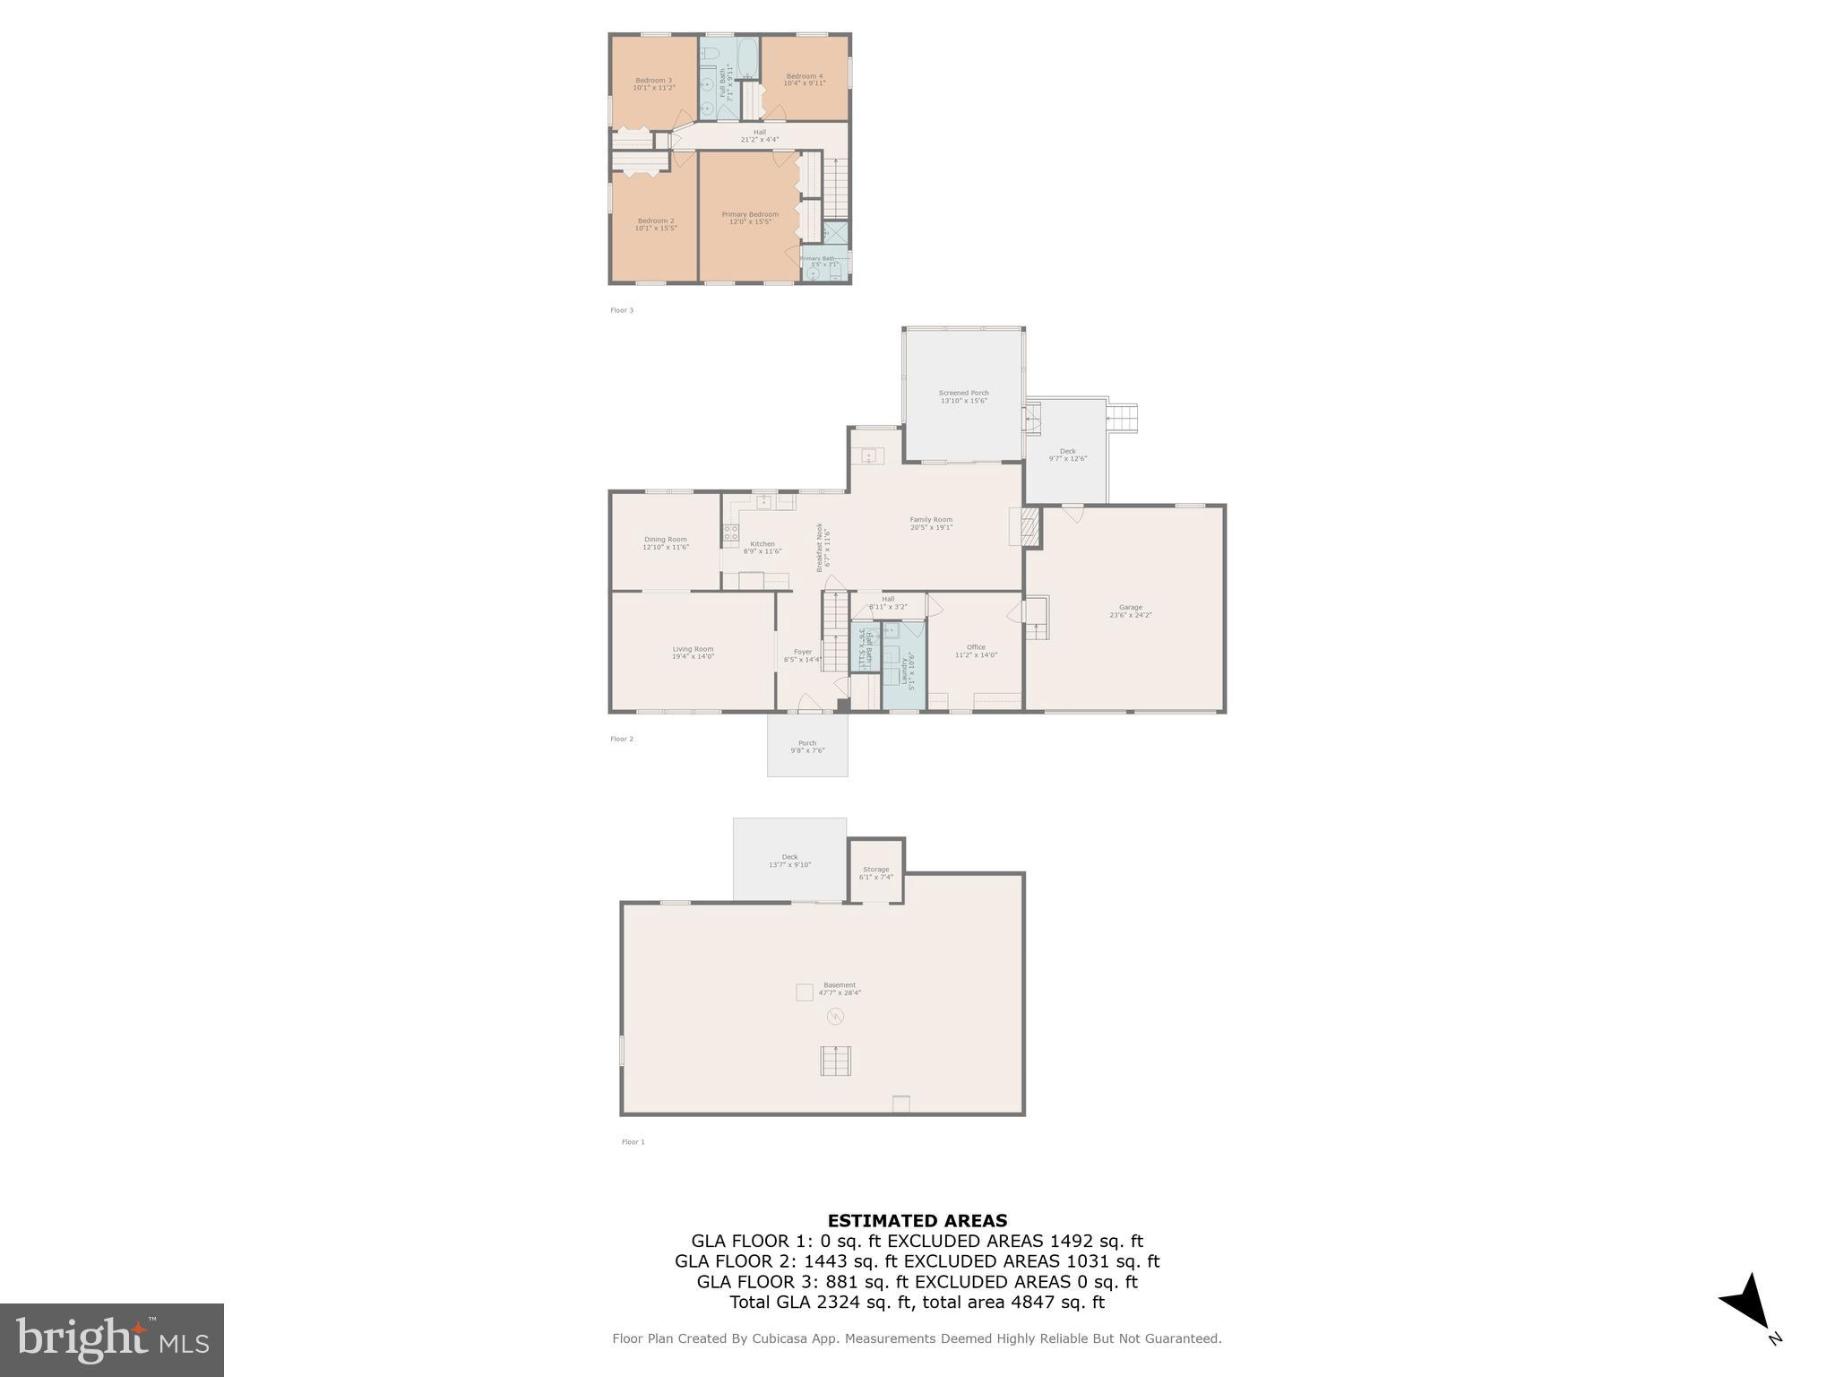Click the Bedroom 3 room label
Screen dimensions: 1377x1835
pyautogui.click(x=652, y=83)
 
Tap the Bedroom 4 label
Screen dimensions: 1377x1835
pyautogui.click(x=804, y=79)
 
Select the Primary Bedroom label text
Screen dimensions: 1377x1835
pyautogui.click(x=750, y=218)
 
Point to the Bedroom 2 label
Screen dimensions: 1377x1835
pyautogui.click(x=655, y=224)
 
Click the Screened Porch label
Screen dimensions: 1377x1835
pyautogui.click(x=963, y=396)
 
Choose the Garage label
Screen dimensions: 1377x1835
pyautogui.click(x=1130, y=611)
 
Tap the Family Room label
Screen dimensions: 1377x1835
pyautogui.click(x=931, y=523)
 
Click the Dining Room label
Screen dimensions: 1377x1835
pyautogui.click(x=665, y=542)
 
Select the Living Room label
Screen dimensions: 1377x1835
pyautogui.click(x=693, y=653)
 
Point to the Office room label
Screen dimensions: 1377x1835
pyautogui.click(x=976, y=651)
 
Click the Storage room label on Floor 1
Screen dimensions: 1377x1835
pyautogui.click(x=875, y=872)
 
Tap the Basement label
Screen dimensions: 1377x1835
pyautogui.click(x=839, y=988)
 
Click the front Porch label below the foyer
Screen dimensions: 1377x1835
pyautogui.click(x=806, y=746)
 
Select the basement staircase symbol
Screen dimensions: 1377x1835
pyautogui.click(x=835, y=1061)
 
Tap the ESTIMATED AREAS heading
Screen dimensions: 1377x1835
pyautogui.click(x=917, y=1220)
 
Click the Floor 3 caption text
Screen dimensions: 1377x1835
pyautogui.click(x=622, y=310)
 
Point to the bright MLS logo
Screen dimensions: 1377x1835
pyautogui.click(x=111, y=1339)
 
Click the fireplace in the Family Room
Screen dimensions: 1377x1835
pyautogui.click(x=1027, y=527)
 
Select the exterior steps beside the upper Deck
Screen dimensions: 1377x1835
pyautogui.click(x=1123, y=418)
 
